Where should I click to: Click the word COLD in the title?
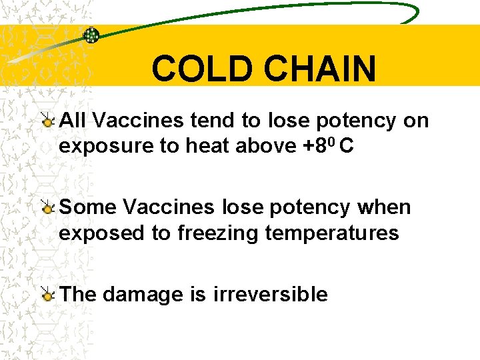[199, 69]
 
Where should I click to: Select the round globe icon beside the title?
[91, 35]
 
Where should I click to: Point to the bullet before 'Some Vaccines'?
[48, 207]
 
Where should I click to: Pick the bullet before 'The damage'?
[48, 294]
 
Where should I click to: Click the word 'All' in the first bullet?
[73, 121]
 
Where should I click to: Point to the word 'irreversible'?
[270, 294]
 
